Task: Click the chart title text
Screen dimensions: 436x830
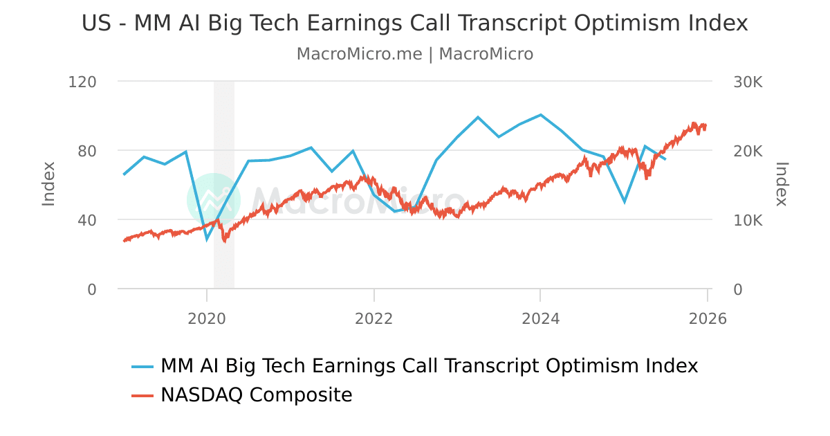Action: (x=415, y=23)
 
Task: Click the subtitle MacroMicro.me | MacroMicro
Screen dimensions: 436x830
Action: (x=415, y=54)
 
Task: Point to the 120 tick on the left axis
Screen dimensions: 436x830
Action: (x=82, y=82)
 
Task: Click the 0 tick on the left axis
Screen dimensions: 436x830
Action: (x=91, y=289)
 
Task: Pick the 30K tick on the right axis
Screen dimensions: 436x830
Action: (x=748, y=82)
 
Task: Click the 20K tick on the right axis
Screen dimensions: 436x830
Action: (x=748, y=151)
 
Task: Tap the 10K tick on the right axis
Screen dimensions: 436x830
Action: (x=748, y=220)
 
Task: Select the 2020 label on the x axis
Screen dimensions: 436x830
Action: (x=207, y=318)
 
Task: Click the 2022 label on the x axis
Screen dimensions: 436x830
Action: (x=373, y=318)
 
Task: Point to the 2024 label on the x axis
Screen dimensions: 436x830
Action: (x=540, y=318)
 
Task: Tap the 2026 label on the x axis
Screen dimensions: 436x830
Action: (x=708, y=318)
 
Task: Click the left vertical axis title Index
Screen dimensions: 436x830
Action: (x=48, y=183)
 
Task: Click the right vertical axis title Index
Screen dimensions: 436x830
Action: (x=782, y=183)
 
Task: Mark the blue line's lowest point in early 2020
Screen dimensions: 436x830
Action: (x=207, y=239)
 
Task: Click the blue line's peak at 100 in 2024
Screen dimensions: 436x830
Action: (x=540, y=115)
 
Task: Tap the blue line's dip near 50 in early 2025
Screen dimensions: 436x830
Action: (x=625, y=202)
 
